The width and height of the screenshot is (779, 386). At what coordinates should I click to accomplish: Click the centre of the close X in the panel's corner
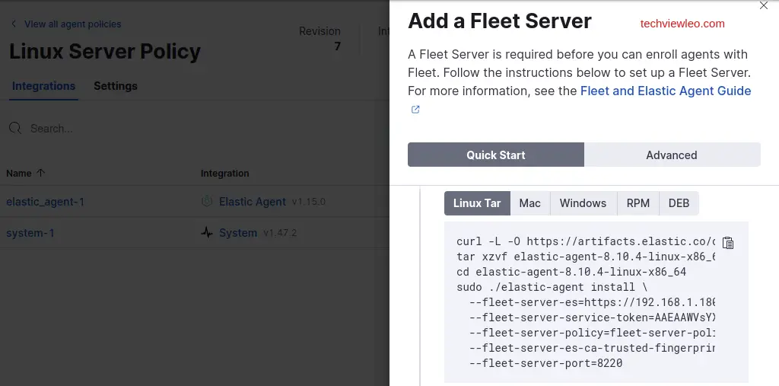tap(764, 5)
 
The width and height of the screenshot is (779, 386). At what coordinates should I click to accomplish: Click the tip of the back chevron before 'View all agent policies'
tap(11, 24)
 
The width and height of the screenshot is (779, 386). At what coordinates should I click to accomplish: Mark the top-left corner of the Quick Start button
tap(408, 143)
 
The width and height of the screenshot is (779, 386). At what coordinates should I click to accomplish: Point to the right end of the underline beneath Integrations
tap(78, 100)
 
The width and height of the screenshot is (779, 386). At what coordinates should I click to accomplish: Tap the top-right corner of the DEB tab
tap(699, 192)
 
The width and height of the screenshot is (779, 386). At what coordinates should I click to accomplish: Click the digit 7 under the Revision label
tap(337, 46)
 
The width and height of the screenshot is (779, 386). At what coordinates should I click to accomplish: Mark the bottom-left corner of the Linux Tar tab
tap(444, 215)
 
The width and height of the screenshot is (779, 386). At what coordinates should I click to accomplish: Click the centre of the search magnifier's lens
tap(14, 127)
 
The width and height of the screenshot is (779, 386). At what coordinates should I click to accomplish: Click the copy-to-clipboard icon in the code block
tap(728, 243)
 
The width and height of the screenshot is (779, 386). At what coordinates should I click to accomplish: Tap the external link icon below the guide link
tap(415, 110)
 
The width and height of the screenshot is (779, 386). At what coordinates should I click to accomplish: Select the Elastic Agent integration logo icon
tap(207, 202)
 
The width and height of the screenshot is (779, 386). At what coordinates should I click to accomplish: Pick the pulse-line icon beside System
tap(207, 232)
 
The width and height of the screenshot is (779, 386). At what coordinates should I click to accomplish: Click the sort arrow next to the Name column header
tap(41, 173)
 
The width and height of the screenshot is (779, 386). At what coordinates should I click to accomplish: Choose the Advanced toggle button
tap(672, 155)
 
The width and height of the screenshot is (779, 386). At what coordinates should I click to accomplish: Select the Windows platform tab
tap(583, 203)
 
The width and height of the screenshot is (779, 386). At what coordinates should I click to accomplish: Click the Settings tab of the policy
tap(116, 86)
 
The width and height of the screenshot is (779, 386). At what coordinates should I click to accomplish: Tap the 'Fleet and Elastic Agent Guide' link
tap(666, 91)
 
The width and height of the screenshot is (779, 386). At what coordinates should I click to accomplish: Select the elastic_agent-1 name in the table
tap(45, 202)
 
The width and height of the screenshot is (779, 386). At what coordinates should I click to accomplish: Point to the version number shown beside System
tap(280, 233)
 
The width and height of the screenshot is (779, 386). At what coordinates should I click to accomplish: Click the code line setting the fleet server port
tap(545, 363)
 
